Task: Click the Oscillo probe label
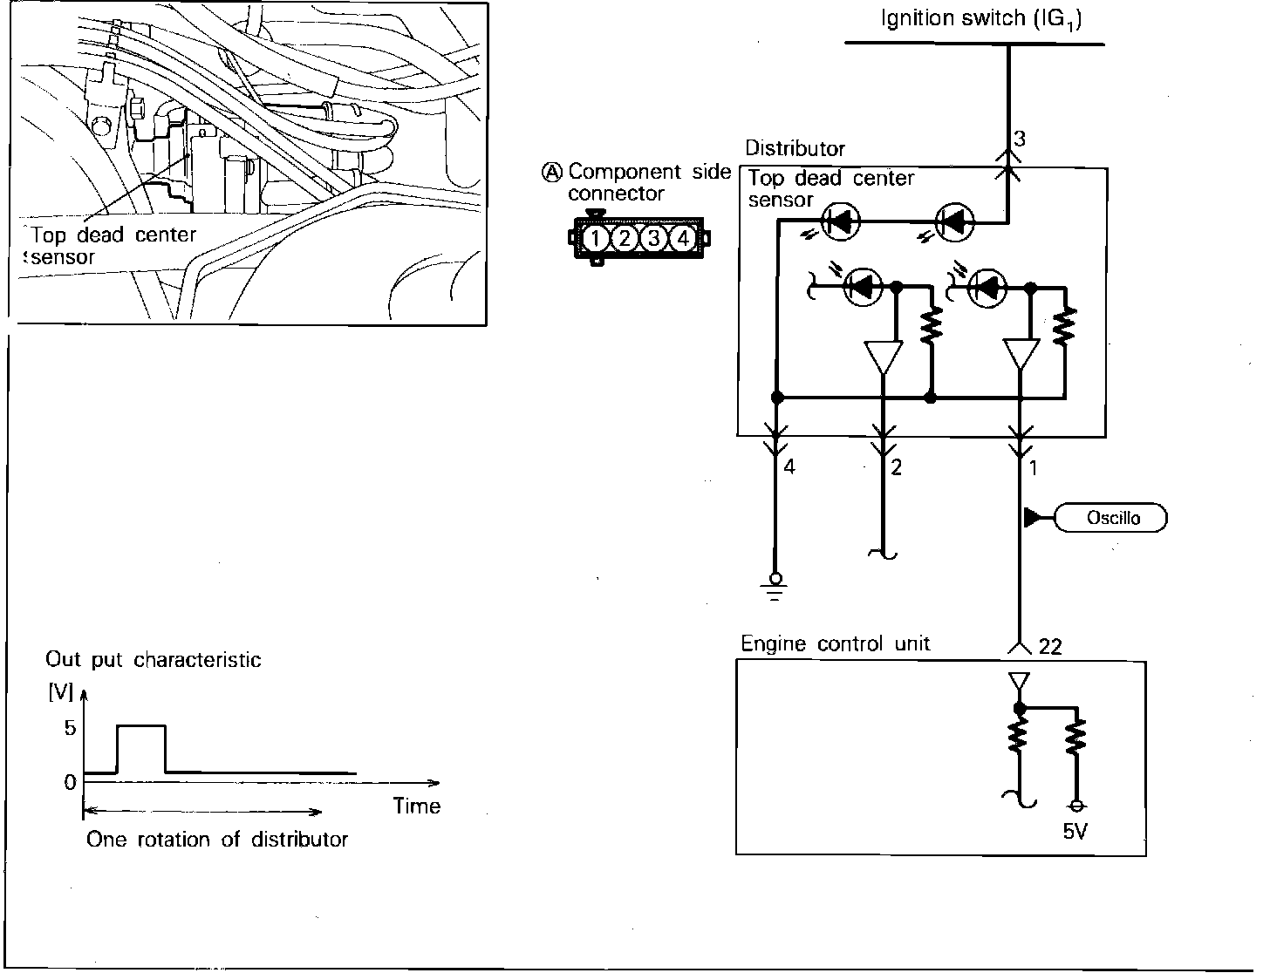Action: click(1112, 518)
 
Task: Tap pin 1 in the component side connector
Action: click(595, 238)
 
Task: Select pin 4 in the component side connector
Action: click(683, 238)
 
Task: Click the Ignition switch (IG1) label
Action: click(981, 19)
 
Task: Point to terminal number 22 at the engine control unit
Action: click(1051, 646)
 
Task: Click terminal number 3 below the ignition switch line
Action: click(1020, 139)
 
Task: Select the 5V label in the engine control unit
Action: click(1075, 832)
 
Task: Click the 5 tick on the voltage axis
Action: click(70, 728)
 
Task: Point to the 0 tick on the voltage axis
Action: click(70, 782)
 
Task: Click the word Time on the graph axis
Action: click(417, 806)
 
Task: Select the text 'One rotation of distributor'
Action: click(217, 840)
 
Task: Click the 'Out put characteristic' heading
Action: click(154, 660)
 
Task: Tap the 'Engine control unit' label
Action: click(835, 644)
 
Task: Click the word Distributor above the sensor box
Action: click(795, 149)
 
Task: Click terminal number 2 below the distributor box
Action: click(896, 467)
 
